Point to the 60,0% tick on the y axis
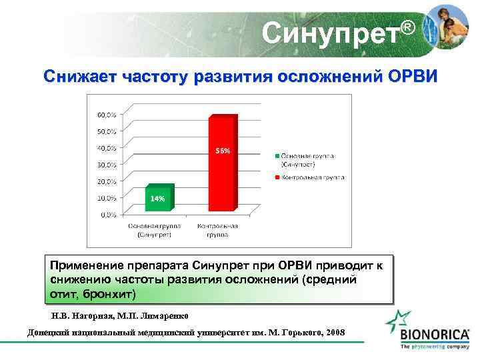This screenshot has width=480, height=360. (107, 114)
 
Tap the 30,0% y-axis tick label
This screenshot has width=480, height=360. (107, 164)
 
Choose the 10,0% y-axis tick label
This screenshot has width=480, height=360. (107, 198)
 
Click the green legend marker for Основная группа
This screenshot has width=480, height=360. (276, 156)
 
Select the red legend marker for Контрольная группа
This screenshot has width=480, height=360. (276, 178)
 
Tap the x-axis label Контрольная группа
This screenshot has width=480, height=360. (217, 230)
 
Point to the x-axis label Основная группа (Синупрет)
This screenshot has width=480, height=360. (154, 230)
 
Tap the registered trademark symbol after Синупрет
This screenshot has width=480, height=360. (408, 27)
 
